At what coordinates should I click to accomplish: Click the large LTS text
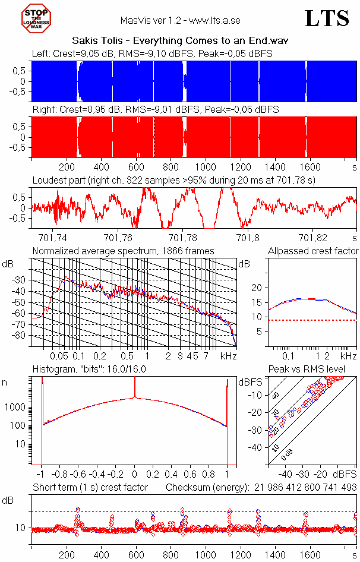pyautogui.click(x=326, y=19)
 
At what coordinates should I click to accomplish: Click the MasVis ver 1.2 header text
pyautogui.click(x=180, y=20)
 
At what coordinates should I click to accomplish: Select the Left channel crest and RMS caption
pyautogui.click(x=152, y=53)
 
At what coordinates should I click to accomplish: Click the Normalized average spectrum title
pyautogui.click(x=123, y=251)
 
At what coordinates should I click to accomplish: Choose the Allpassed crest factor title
pyautogui.click(x=313, y=251)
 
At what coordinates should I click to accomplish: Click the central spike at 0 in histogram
pyautogui.click(x=135, y=389)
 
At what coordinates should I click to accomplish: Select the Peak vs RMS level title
pyautogui.click(x=315, y=370)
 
